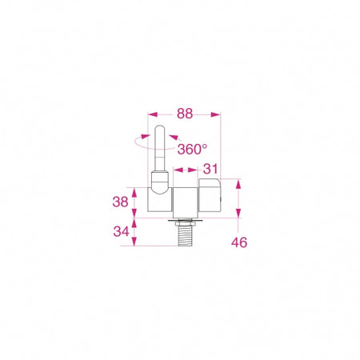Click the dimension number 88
(x=185, y=114)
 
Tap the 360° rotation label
(x=192, y=149)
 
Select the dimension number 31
(x=210, y=169)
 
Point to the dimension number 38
(x=120, y=202)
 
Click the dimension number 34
(x=121, y=231)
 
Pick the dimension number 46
(x=239, y=242)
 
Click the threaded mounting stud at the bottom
(x=185, y=234)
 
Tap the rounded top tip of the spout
(x=160, y=128)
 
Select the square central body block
(x=186, y=202)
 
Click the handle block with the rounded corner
(x=210, y=195)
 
